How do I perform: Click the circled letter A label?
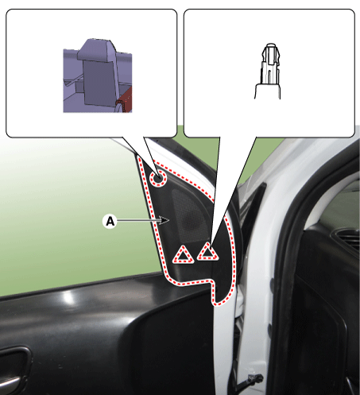coord(110,221)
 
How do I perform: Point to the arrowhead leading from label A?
coord(165,220)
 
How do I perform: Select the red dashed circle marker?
coord(158,179)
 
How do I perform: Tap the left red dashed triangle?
coord(183,255)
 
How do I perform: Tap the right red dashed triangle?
coord(208,251)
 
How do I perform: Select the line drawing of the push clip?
coord(268,71)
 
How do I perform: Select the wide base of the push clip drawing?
coord(268,91)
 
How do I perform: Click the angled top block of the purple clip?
coord(97,49)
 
